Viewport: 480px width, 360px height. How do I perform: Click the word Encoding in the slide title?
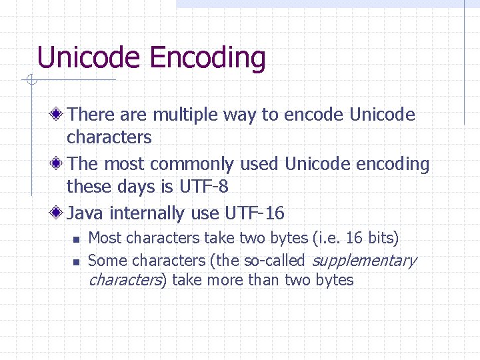pyautogui.click(x=208, y=59)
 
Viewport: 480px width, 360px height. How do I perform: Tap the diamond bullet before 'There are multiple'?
pyautogui.click(x=59, y=115)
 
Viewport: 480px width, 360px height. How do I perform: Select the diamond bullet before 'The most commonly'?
pyautogui.click(x=59, y=164)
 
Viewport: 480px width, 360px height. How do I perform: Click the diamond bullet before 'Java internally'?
pyautogui.click(x=59, y=213)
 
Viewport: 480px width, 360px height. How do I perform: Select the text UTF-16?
pyautogui.click(x=255, y=213)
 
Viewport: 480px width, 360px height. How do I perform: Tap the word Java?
pyautogui.click(x=87, y=213)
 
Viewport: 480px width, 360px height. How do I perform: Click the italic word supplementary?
pyautogui.click(x=363, y=261)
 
